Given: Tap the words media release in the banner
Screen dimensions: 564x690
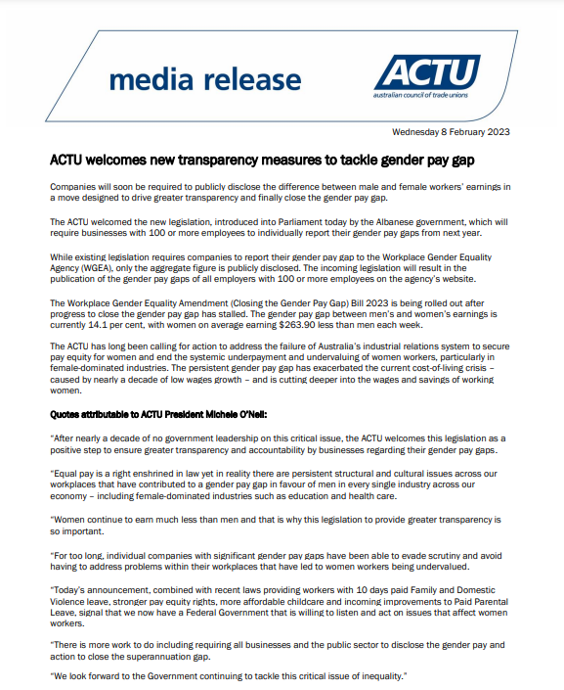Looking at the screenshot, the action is pyautogui.click(x=204, y=79).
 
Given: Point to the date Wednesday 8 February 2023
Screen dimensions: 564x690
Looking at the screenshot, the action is pyautogui.click(x=450, y=132).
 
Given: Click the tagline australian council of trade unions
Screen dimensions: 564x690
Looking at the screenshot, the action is pyautogui.click(x=427, y=94).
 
